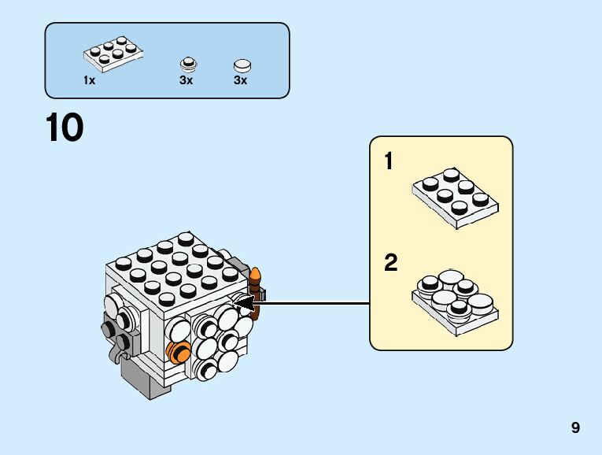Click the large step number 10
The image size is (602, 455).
(x=65, y=128)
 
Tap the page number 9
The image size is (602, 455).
(x=575, y=427)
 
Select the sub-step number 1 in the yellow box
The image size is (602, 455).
(x=389, y=161)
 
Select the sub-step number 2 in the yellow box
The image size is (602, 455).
(x=391, y=263)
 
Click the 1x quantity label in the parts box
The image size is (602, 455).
(x=89, y=80)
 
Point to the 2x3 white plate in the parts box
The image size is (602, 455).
(x=113, y=54)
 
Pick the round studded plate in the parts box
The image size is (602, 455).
(x=188, y=65)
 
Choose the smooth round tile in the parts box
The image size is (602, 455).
(x=242, y=66)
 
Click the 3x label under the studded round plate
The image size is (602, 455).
(x=187, y=80)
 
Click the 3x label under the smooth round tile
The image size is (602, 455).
(x=241, y=80)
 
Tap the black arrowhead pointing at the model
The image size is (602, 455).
(x=243, y=303)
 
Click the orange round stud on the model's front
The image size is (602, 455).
(x=178, y=351)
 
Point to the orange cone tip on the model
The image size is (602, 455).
(x=255, y=275)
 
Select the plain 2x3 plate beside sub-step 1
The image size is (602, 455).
(x=456, y=198)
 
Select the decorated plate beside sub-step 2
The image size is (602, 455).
(x=456, y=301)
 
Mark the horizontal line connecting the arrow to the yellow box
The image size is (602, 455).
(x=312, y=303)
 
